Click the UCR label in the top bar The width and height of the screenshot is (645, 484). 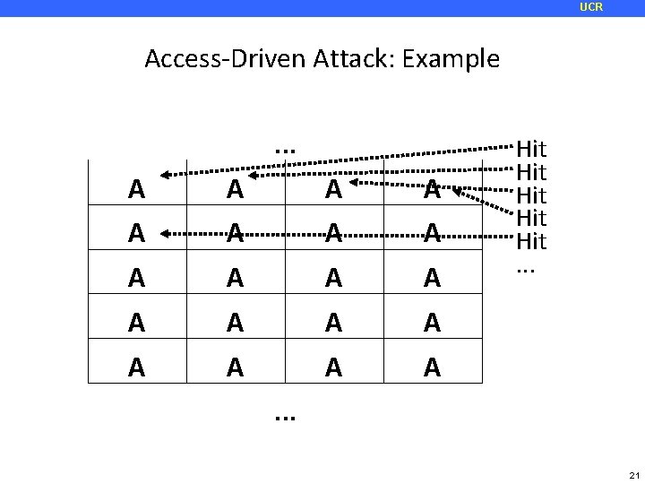click(x=591, y=7)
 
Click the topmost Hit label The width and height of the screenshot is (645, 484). click(x=531, y=147)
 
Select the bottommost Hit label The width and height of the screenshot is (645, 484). click(x=531, y=241)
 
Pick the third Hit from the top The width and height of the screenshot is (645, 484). click(x=531, y=194)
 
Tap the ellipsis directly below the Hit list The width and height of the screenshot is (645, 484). click(x=526, y=268)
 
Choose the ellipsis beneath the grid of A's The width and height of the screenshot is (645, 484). click(x=286, y=416)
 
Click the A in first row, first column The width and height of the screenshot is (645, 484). click(x=136, y=189)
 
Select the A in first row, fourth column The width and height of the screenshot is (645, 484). click(x=432, y=189)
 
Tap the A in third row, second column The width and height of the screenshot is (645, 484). click(x=235, y=279)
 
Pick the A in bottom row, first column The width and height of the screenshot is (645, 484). click(x=136, y=367)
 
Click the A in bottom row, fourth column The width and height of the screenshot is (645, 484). click(x=432, y=367)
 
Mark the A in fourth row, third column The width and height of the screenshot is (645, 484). click(x=333, y=323)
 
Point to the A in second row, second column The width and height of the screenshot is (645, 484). click(x=235, y=233)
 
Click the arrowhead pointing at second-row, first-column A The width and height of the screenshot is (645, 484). click(x=165, y=233)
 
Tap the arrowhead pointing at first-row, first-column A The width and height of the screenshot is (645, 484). click(x=164, y=176)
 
